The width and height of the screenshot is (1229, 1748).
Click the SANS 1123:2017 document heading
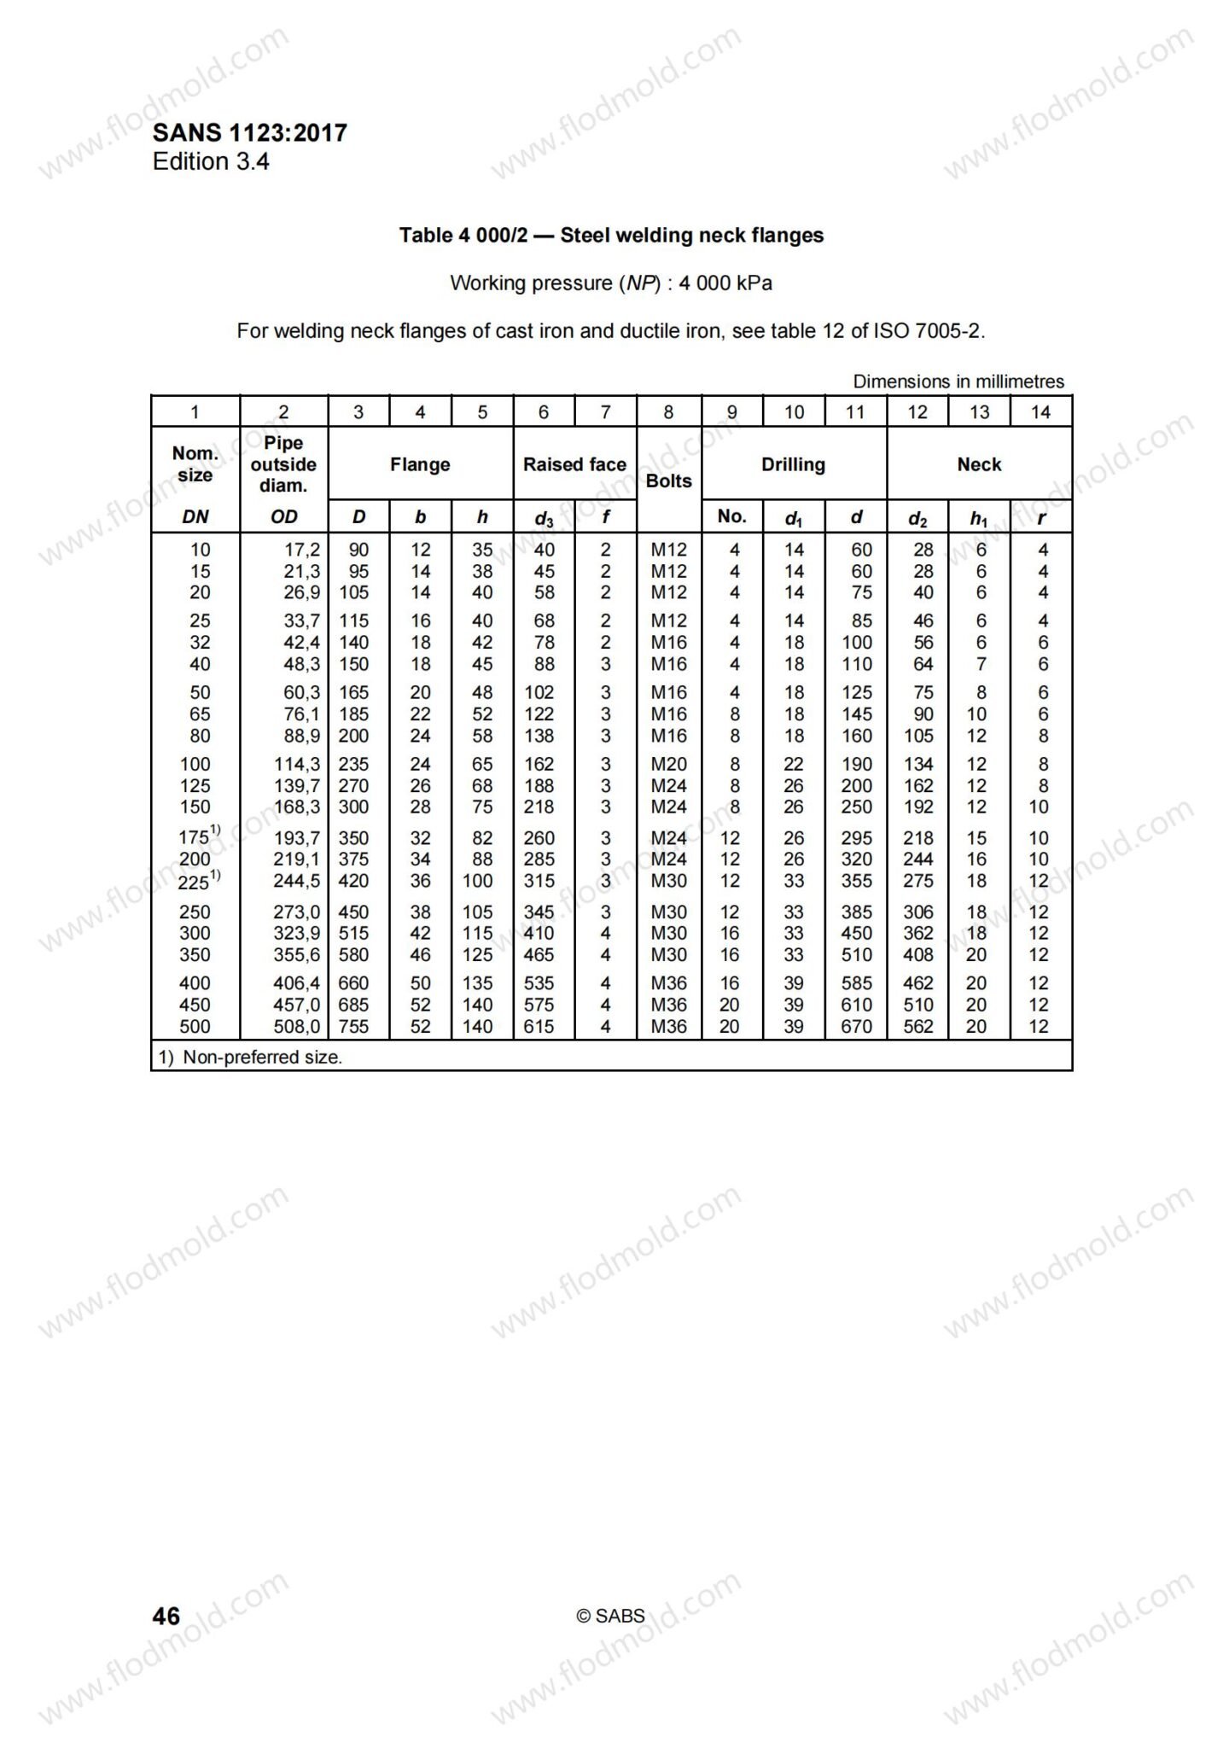point(249,133)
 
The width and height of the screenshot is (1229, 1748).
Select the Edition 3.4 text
point(211,162)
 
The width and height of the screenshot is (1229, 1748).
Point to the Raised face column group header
point(574,464)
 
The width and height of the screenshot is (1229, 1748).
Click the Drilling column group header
point(793,464)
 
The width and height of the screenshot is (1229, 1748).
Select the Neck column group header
point(979,464)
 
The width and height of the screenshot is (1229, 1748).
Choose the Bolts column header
point(668,481)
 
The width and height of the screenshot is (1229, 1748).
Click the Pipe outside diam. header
point(283,464)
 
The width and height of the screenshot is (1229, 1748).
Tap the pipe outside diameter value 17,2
point(302,551)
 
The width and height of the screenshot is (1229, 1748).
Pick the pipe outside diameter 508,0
point(296,1027)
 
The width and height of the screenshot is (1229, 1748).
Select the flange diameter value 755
point(353,1027)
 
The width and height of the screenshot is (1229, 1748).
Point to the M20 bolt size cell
point(668,765)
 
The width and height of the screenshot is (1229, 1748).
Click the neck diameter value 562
point(918,1027)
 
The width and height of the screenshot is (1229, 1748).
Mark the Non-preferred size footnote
point(250,1058)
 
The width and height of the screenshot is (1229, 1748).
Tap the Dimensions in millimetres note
point(958,382)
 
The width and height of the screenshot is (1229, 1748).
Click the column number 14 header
point(1040,412)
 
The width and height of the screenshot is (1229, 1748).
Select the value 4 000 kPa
point(725,283)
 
